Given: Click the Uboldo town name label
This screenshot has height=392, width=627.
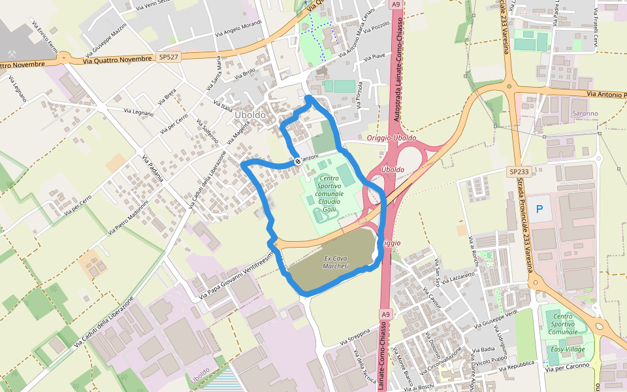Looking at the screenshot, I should click(250, 115).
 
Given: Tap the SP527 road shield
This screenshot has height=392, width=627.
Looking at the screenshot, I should click(169, 57).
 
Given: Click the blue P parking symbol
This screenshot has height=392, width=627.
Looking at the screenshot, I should click(539, 209).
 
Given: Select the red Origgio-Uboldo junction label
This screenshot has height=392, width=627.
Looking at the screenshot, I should click(391, 138).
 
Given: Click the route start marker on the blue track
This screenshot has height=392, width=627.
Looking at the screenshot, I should click(298, 161).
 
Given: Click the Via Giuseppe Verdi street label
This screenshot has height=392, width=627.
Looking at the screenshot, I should click(499, 318).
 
